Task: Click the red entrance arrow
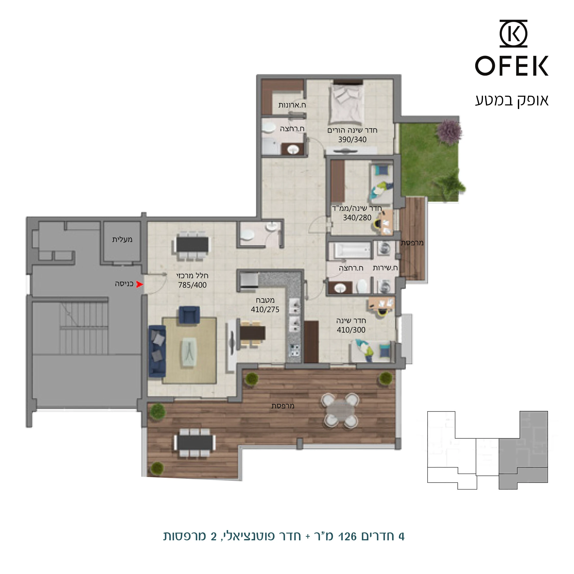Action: pyautogui.click(x=139, y=285)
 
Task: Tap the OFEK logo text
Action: pyautogui.click(x=511, y=66)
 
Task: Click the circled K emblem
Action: pyautogui.click(x=513, y=34)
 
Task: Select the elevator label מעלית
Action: pyautogui.click(x=122, y=239)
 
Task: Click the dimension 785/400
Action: pyautogui.click(x=192, y=285)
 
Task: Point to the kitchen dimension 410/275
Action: pyautogui.click(x=265, y=309)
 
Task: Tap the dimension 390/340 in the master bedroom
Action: pyautogui.click(x=352, y=139)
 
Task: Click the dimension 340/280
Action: pyautogui.click(x=357, y=218)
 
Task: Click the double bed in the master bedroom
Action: pyautogui.click(x=346, y=103)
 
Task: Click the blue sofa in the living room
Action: pyautogui.click(x=157, y=351)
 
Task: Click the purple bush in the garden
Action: pyautogui.click(x=450, y=131)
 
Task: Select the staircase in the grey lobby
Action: pyautogui.click(x=84, y=328)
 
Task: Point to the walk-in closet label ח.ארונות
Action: pyautogui.click(x=292, y=105)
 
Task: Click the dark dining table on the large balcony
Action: pyautogui.click(x=195, y=442)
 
